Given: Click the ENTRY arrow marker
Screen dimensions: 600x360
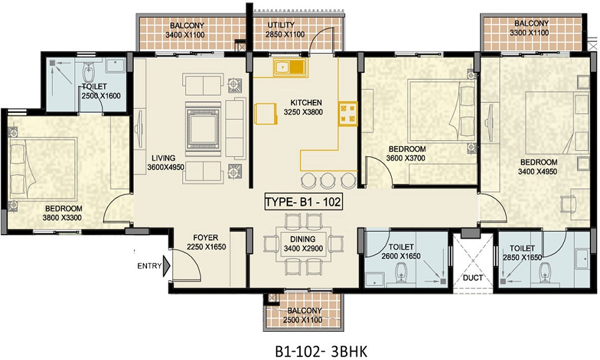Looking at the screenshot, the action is pyautogui.click(x=166, y=266).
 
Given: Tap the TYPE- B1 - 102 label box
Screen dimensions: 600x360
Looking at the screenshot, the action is pyautogui.click(x=303, y=202).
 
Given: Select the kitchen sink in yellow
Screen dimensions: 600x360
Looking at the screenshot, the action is pyautogui.click(x=290, y=67).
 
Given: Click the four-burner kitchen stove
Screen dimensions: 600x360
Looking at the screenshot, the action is pyautogui.click(x=348, y=113).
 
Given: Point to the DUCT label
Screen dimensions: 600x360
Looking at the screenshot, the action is pyautogui.click(x=473, y=278).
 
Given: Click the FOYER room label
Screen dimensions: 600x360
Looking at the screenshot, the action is pyautogui.click(x=205, y=238).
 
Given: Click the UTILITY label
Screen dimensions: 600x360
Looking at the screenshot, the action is pyautogui.click(x=281, y=25).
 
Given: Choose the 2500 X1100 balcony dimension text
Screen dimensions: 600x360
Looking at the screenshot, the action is pyautogui.click(x=302, y=320).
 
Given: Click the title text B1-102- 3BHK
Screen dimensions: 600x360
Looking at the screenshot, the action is pyautogui.click(x=321, y=352).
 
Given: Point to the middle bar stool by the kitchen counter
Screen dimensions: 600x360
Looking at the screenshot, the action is pyautogui.click(x=327, y=180).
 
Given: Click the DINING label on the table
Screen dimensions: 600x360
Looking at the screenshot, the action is pyautogui.click(x=302, y=239).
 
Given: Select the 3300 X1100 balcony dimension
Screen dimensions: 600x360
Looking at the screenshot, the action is pyautogui.click(x=529, y=33).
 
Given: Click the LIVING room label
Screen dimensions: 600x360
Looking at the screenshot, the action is pyautogui.click(x=163, y=158).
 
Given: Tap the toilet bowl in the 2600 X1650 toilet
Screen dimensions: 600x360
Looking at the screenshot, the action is pyautogui.click(x=401, y=274).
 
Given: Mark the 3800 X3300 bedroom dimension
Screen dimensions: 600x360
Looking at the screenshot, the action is pyautogui.click(x=62, y=218).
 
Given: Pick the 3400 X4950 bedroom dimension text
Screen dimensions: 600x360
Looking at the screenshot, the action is pyautogui.click(x=538, y=172).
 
